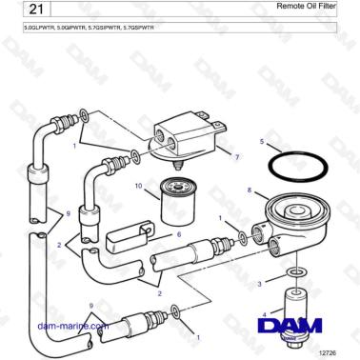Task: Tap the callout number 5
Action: [262, 142]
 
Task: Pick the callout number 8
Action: [250, 191]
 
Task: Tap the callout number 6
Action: [177, 234]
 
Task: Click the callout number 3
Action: [259, 283]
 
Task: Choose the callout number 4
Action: [250, 313]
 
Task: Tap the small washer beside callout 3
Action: [295, 273]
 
